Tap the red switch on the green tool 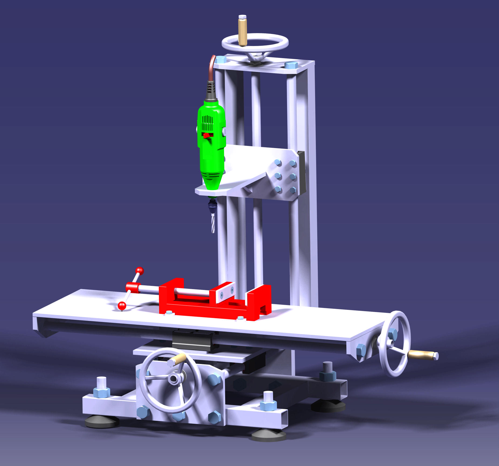coord(207,135)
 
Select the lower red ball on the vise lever coord(122,306)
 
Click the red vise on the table coord(215,304)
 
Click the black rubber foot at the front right coord(268,436)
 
